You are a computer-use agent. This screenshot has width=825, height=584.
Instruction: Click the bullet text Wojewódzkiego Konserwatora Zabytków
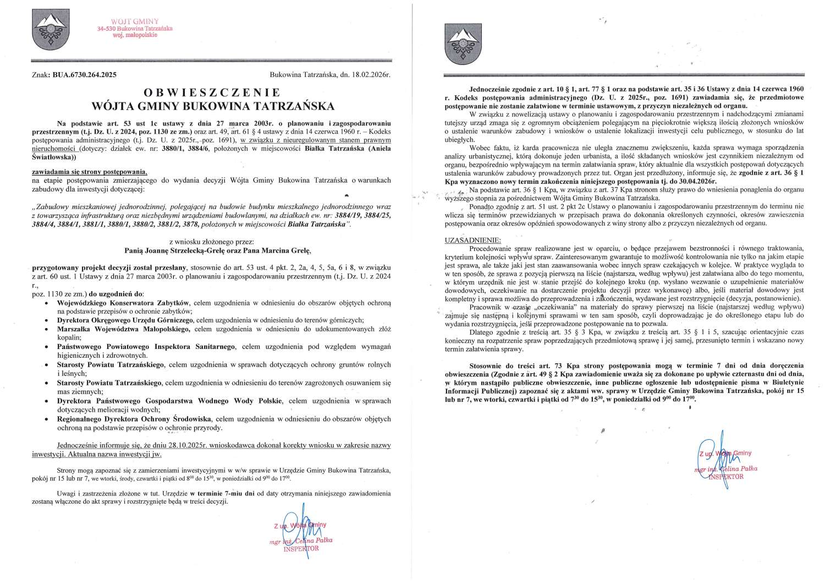(124, 303)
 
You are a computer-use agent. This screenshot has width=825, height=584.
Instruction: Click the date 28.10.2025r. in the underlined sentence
(155, 445)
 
